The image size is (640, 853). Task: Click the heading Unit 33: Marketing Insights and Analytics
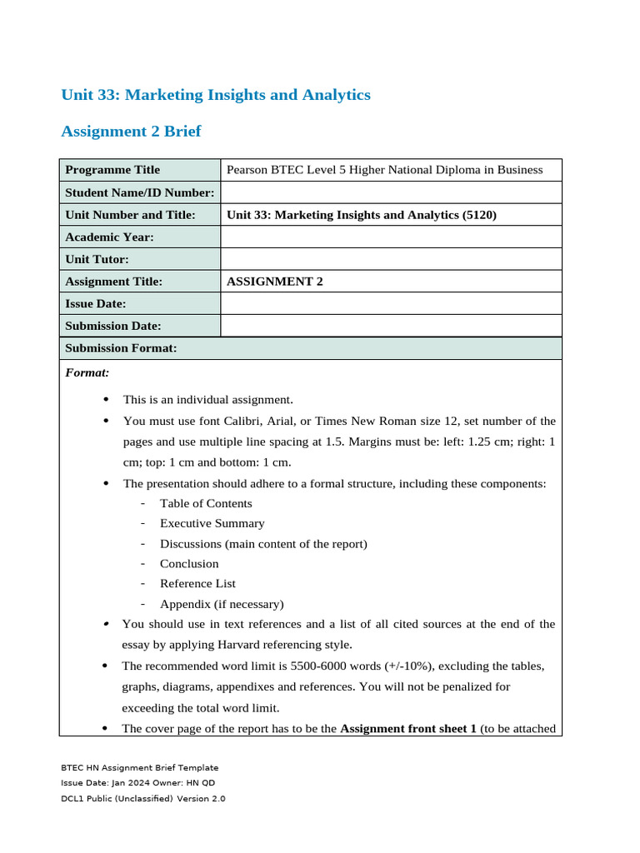coord(216,95)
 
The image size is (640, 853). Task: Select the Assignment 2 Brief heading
coord(131,132)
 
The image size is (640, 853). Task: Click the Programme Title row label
coord(112,170)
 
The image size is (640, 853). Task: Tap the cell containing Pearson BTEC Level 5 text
coord(384,170)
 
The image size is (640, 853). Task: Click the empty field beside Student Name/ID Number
coord(391,192)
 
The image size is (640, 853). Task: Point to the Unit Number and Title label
coord(130,215)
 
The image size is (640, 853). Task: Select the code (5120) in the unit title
coord(479,215)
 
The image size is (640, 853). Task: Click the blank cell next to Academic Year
coord(391,237)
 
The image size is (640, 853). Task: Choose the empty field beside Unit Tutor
coord(391,259)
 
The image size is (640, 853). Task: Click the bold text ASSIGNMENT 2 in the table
coord(275,282)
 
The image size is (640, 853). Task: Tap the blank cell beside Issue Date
coord(391,304)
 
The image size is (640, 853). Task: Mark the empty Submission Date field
coord(391,326)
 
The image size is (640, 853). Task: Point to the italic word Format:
coord(87,372)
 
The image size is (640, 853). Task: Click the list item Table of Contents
coord(206,503)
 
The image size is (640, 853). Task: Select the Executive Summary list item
coord(212,523)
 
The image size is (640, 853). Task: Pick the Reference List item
coord(197,584)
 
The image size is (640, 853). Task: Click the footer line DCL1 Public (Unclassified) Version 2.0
coord(143,798)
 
